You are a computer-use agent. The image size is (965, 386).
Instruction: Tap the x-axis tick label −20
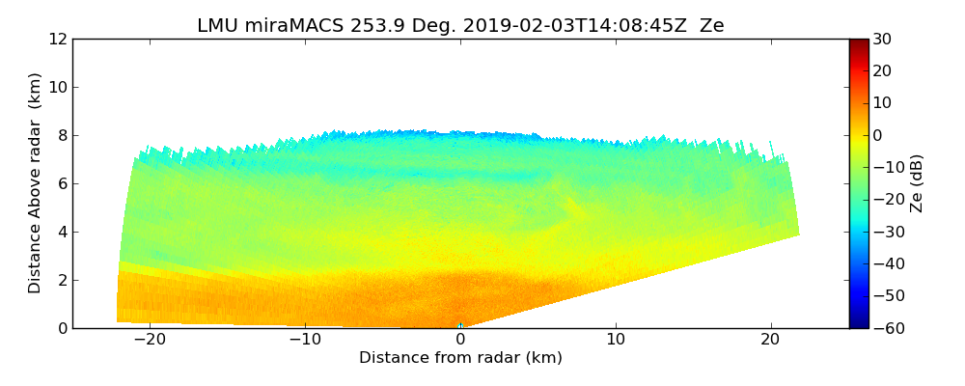150,340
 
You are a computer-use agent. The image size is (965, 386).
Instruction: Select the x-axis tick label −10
305,340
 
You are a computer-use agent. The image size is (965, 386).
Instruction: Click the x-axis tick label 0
460,340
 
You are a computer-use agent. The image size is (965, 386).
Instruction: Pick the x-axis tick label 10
616,340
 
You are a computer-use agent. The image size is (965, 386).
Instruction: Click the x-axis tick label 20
770,340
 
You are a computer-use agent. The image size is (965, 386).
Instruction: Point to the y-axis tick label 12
58,40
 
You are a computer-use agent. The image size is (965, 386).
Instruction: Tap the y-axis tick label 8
62,136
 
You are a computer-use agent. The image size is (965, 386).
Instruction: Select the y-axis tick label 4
62,233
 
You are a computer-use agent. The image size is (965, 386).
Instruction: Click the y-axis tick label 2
62,281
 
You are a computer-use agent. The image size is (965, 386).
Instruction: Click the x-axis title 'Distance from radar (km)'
460,358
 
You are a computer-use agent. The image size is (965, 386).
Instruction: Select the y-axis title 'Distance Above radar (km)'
36,183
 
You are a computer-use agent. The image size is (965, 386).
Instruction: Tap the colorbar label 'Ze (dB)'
917,183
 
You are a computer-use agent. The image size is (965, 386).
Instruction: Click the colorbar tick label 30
882,40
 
